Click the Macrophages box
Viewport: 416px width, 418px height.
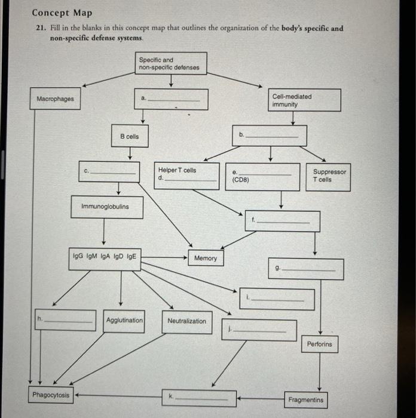(56, 99)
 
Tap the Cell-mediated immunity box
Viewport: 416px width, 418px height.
(305, 100)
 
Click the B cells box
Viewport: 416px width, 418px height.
(130, 137)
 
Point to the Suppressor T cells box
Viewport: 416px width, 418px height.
(329, 176)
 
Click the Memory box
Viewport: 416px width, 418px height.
(206, 258)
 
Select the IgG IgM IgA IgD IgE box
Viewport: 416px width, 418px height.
(105, 258)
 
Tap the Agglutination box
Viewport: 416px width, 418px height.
(124, 321)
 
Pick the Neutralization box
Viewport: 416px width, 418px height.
(186, 321)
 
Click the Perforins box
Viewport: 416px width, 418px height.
(319, 345)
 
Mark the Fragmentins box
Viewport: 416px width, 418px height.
(305, 399)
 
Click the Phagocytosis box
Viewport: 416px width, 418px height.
(51, 395)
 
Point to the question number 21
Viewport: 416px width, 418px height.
(38, 28)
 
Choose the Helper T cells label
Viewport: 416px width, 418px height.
(177, 170)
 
